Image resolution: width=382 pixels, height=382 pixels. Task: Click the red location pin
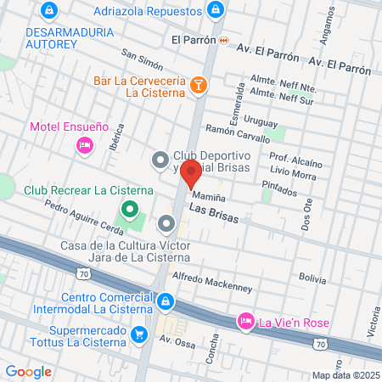pyautogui.click(x=191, y=172)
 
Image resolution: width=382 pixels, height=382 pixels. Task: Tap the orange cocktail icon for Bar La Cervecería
pyautogui.click(x=198, y=84)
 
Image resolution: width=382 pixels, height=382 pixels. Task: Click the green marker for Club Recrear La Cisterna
pyautogui.click(x=129, y=208)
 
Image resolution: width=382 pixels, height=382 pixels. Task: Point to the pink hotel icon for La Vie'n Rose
pyautogui.click(x=245, y=320)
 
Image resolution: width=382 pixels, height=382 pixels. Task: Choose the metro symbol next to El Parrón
pyautogui.click(x=223, y=40)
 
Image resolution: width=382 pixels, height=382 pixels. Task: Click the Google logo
pyautogui.click(x=28, y=371)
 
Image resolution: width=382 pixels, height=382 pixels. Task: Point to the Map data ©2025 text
pyautogui.click(x=345, y=375)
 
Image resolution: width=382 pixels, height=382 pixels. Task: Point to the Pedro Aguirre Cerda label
pyautogui.click(x=78, y=217)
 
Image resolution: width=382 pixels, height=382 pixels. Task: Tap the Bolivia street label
pyautogui.click(x=312, y=278)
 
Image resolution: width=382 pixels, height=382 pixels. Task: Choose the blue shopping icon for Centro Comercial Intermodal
pyautogui.click(x=166, y=300)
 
